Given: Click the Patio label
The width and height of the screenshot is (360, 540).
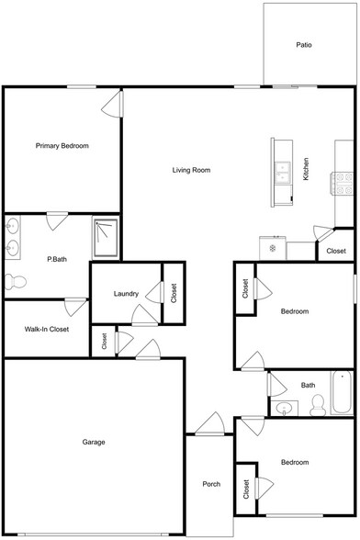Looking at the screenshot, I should (304, 44).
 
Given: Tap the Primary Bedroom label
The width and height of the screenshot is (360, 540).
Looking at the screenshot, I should (62, 146).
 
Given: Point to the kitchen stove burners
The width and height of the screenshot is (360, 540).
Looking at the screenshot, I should (343, 183).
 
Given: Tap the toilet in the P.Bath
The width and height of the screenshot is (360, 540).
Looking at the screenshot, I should (11, 281).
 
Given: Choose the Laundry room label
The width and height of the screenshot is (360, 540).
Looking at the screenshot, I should (126, 294).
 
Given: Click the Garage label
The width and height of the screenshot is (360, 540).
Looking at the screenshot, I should (93, 442).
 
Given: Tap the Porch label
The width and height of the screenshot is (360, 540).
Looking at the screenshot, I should (209, 484).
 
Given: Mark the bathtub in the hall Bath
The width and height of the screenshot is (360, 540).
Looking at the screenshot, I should (343, 393).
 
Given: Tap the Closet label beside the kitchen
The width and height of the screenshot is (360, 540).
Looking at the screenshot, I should (336, 251).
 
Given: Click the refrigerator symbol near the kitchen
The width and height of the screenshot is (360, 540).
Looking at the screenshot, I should (273, 248).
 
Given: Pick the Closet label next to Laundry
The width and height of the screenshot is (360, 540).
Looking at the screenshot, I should (174, 293).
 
